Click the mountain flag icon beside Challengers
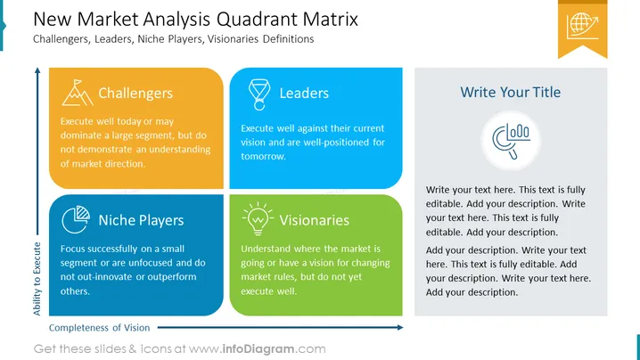[78, 93]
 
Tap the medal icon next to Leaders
[259, 94]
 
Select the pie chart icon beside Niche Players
[76, 219]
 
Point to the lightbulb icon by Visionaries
[258, 218]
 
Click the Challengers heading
[135, 94]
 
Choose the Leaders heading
[304, 94]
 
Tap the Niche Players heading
[141, 220]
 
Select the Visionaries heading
[315, 220]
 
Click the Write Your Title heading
[511, 93]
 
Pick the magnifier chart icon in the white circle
[511, 141]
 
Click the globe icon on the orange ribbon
[582, 26]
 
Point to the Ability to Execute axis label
[37, 279]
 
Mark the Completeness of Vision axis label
[100, 328]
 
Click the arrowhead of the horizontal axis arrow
[400, 327]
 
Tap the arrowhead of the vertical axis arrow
[37, 70]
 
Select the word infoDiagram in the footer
[258, 349]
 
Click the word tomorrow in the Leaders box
[263, 156]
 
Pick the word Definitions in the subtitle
[289, 39]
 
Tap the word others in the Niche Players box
[75, 291]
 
